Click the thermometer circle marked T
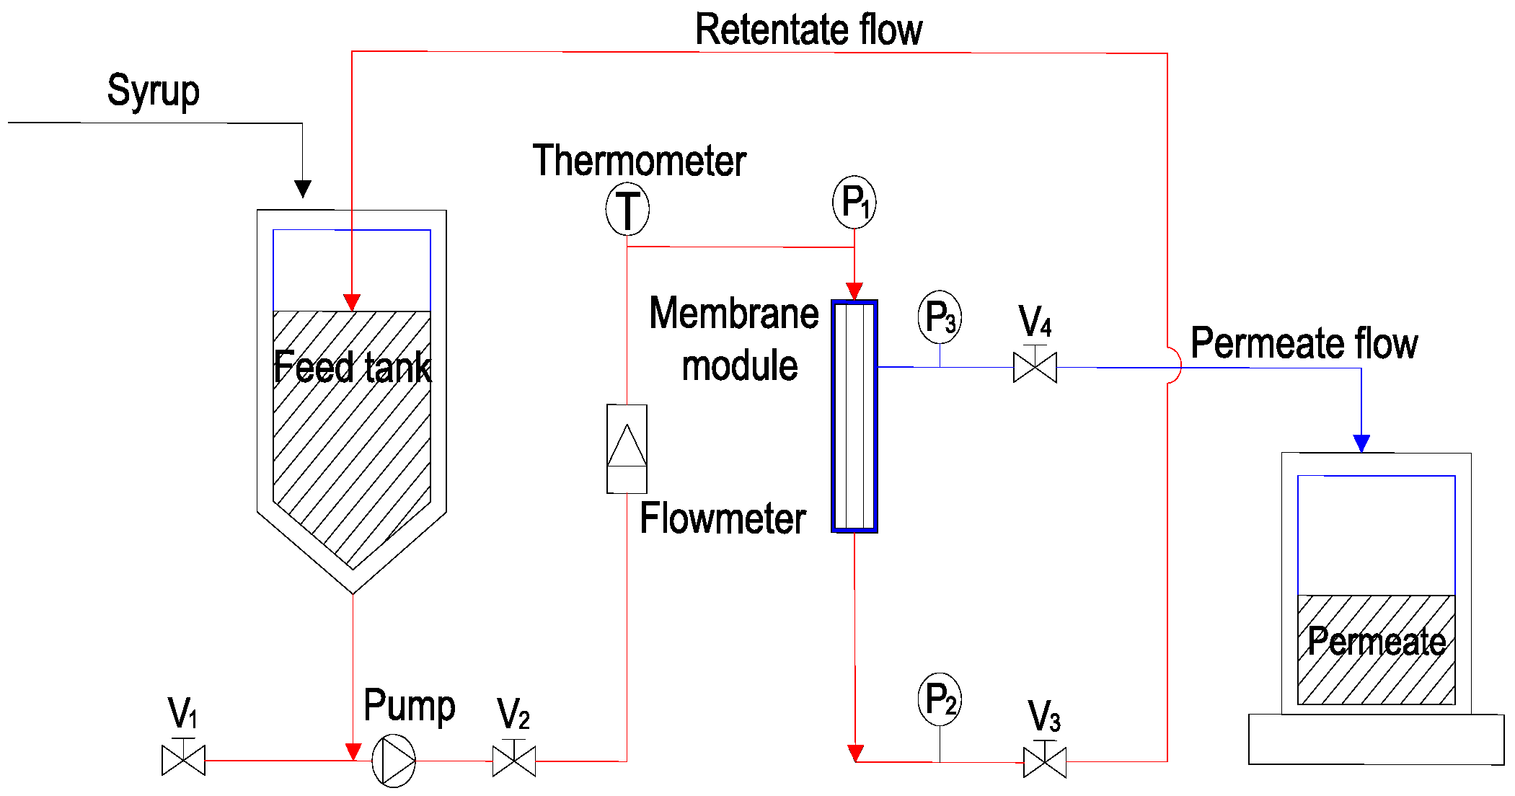pyautogui.click(x=627, y=210)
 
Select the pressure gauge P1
pyautogui.click(x=854, y=202)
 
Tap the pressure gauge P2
pyautogui.click(x=940, y=699)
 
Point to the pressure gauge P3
pyautogui.click(x=940, y=317)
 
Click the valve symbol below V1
pyautogui.click(x=183, y=760)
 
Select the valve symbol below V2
pyautogui.click(x=513, y=761)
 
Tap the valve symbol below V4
pyautogui.click(x=1035, y=368)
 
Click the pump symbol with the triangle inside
pyautogui.click(x=394, y=761)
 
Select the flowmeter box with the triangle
pyautogui.click(x=627, y=448)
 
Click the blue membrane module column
pyautogui.click(x=854, y=417)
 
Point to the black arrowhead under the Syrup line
pyautogui.click(x=303, y=189)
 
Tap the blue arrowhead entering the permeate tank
pyautogui.click(x=1361, y=443)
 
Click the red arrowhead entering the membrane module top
pyautogui.click(x=854, y=291)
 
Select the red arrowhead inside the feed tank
pyautogui.click(x=352, y=302)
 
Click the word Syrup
pyautogui.click(x=154, y=92)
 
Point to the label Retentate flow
pyautogui.click(x=808, y=30)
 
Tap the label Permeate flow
pyautogui.click(x=1304, y=343)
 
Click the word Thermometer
pyautogui.click(x=639, y=160)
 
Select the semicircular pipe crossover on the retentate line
pyautogui.click(x=1174, y=366)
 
